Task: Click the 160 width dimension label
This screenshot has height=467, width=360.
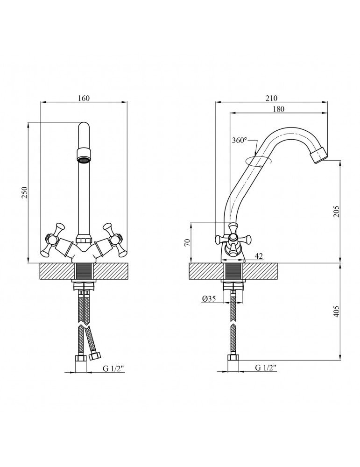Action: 84,98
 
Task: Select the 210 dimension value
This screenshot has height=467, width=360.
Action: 271,98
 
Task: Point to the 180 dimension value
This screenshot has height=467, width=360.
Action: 278,109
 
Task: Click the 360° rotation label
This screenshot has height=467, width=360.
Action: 240,140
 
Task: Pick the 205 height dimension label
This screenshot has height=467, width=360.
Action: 337,211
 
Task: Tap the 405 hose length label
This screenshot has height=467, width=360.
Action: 337,311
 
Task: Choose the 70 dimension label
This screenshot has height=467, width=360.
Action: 187,242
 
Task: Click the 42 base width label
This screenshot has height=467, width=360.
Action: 259,256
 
